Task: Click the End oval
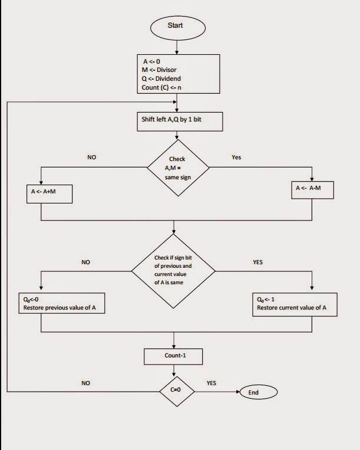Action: [254, 392]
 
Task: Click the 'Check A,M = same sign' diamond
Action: [177, 167]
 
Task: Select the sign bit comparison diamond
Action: [174, 270]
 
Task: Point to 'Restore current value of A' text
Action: [293, 307]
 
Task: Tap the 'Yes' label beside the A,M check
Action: [236, 157]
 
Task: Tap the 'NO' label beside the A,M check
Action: [92, 157]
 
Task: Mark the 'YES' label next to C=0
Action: [211, 383]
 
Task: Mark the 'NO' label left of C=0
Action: [86, 383]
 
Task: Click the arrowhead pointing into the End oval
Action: [237, 392]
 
